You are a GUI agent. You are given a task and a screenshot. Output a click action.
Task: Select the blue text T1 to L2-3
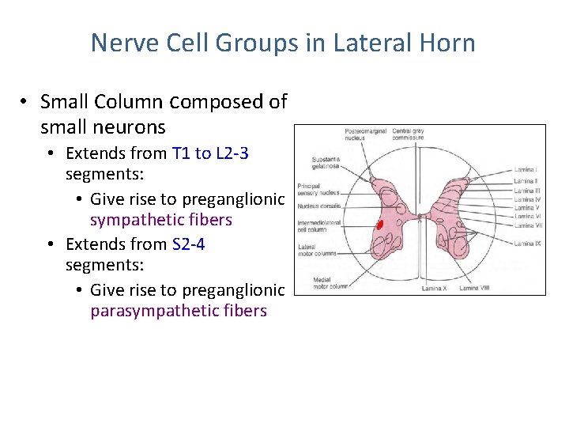click(x=210, y=153)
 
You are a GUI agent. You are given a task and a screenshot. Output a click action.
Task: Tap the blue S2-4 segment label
click(x=188, y=244)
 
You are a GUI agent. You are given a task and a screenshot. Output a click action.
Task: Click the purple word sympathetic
click(x=161, y=219)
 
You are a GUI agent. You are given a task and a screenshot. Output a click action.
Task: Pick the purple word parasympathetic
click(x=179, y=311)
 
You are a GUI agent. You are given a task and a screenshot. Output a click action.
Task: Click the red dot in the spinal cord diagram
click(x=379, y=225)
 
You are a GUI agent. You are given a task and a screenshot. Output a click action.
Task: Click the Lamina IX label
click(x=527, y=244)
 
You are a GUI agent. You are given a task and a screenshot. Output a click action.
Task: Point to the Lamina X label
click(x=434, y=288)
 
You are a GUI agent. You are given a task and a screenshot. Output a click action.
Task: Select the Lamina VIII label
click(x=477, y=288)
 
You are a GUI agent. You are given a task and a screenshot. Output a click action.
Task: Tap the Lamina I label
click(x=526, y=169)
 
